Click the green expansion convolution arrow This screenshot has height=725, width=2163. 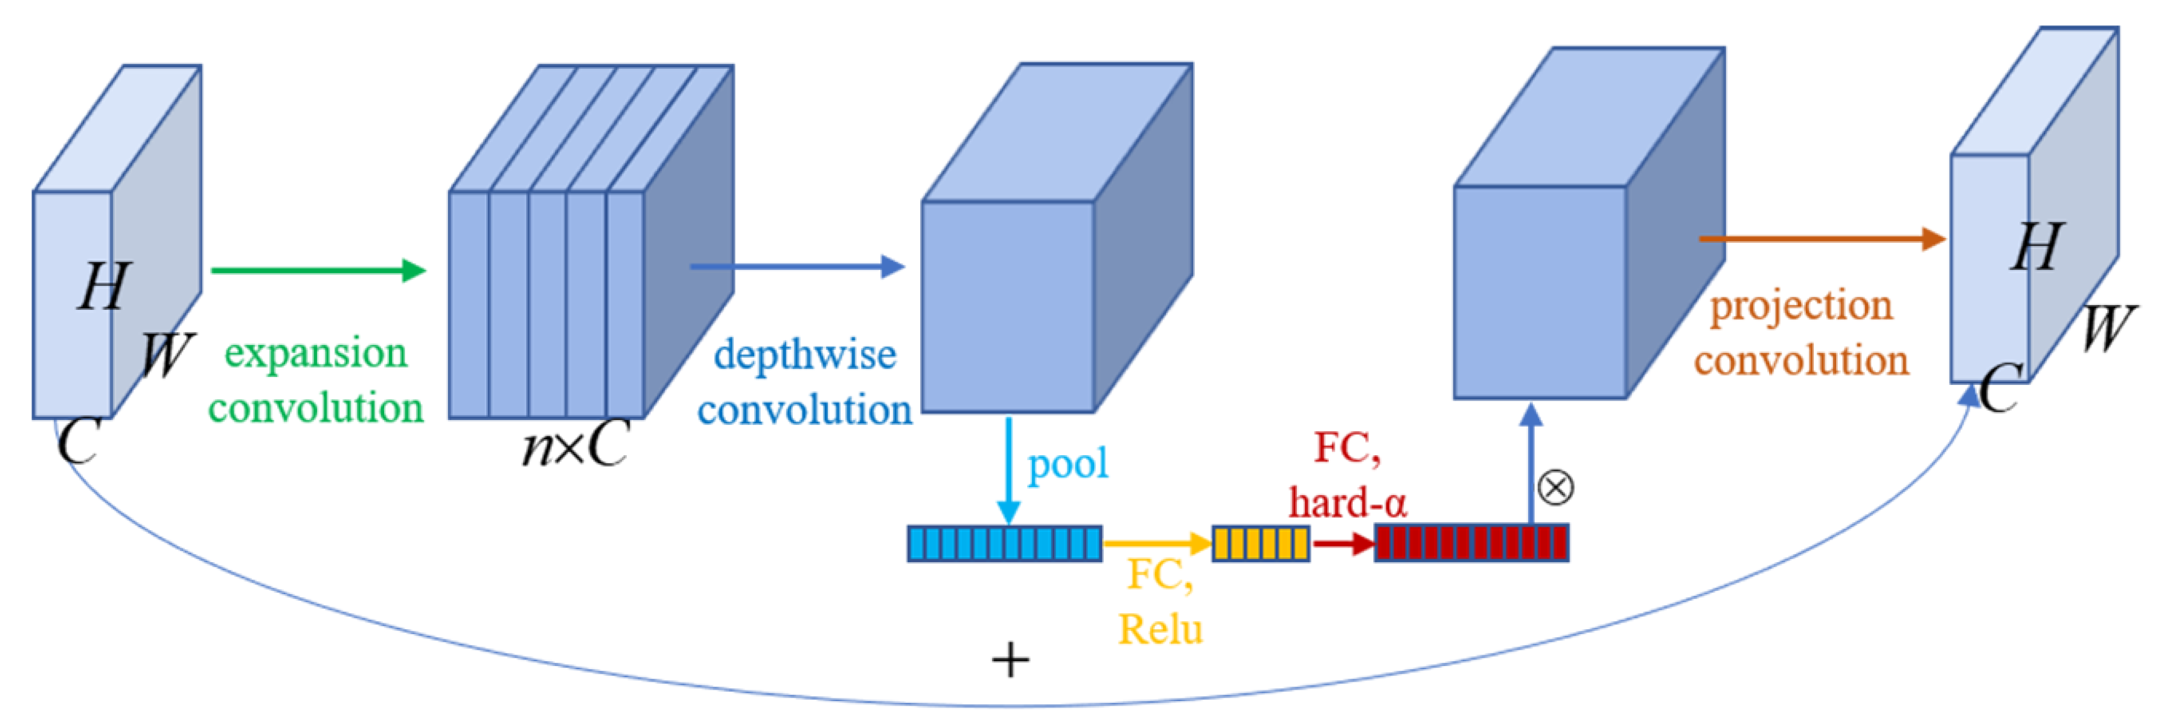tap(319, 270)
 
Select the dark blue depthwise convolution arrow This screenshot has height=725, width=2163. tap(798, 267)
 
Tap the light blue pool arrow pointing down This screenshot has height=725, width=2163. tap(1008, 470)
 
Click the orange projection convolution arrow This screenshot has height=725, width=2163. tap(1822, 240)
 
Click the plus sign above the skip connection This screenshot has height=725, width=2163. tap(1010, 660)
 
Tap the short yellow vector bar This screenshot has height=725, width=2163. tap(1260, 543)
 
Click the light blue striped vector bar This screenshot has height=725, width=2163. tap(1005, 543)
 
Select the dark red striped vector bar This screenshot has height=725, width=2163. tap(1471, 543)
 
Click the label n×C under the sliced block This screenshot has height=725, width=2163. tap(575, 445)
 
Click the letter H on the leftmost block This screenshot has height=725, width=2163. tap(105, 287)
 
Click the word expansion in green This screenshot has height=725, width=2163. tap(316, 354)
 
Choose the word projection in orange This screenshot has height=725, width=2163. tap(1802, 307)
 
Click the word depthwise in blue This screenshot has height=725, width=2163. tap(805, 355)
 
